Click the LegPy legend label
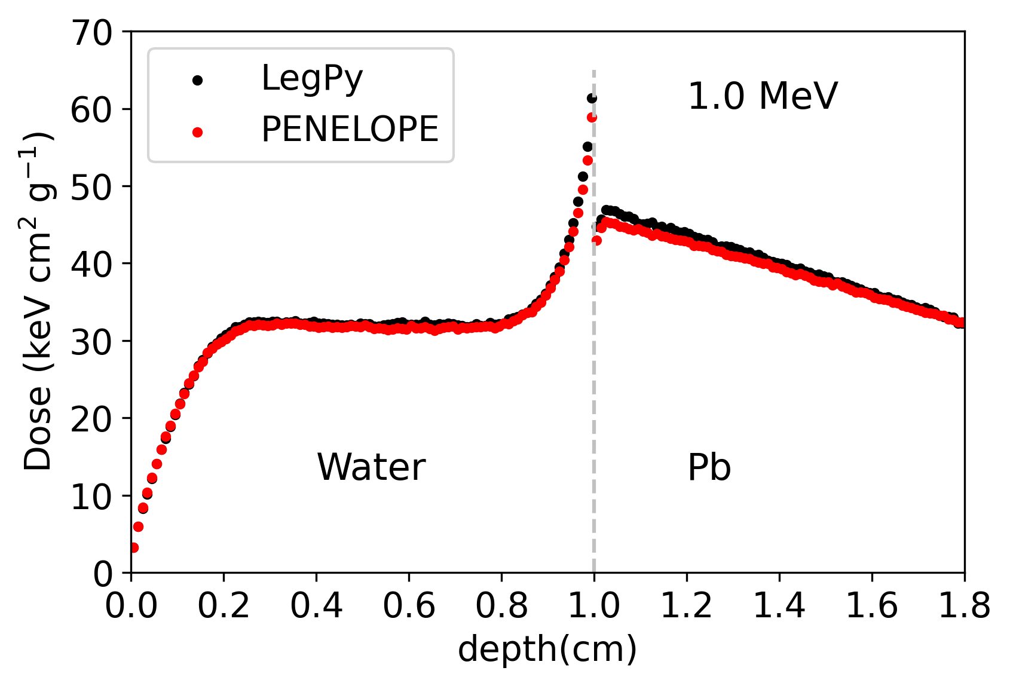[x=312, y=78]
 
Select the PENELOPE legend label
[x=350, y=129]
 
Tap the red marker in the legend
[x=197, y=132]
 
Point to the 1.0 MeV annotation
[x=763, y=96]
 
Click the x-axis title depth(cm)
[x=547, y=650]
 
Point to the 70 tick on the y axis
[x=91, y=33]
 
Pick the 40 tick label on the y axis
[x=91, y=264]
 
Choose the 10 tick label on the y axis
[x=91, y=497]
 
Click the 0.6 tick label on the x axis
[x=409, y=607]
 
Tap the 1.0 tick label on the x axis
[x=593, y=607]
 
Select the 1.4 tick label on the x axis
[x=779, y=607]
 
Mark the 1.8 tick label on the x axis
[x=963, y=607]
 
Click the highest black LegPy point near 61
[x=592, y=98]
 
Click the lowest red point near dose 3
[x=133, y=547]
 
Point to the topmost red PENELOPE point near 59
[x=592, y=118]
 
